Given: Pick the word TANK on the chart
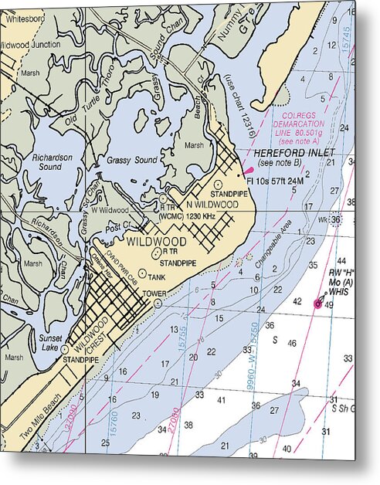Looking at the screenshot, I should click(x=157, y=276).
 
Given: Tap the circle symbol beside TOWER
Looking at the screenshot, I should click(x=158, y=304).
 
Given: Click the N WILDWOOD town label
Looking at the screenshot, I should click(x=212, y=204).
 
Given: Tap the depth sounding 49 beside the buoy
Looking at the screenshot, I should click(x=329, y=305).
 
